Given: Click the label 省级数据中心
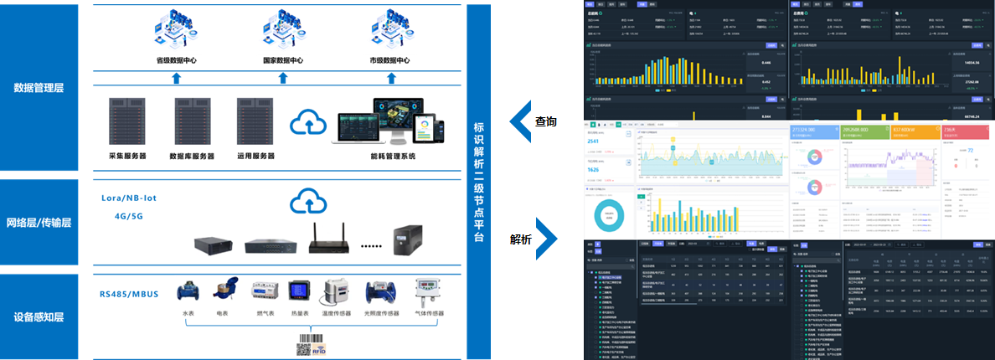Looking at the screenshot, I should pyautogui.click(x=176, y=61).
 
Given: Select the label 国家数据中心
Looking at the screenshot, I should pyautogui.click(x=282, y=61).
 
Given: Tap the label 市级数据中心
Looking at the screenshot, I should pyautogui.click(x=389, y=61).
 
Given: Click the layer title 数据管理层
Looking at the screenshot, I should pyautogui.click(x=39, y=87).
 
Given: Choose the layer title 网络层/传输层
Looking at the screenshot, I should pyautogui.click(x=39, y=223).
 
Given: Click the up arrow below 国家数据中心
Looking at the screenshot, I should pyautogui.click(x=282, y=78).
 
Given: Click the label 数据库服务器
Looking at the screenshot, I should pyautogui.click(x=192, y=157).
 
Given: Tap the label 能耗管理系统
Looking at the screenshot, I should pyautogui.click(x=393, y=157).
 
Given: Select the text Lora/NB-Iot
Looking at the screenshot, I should pyautogui.click(x=129, y=198).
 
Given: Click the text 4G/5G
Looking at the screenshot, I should pyautogui.click(x=128, y=215).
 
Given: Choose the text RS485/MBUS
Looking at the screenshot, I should pyautogui.click(x=127, y=294).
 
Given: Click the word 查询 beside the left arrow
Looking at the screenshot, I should pyautogui.click(x=546, y=122).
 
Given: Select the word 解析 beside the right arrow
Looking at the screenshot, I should pyautogui.click(x=521, y=239).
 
